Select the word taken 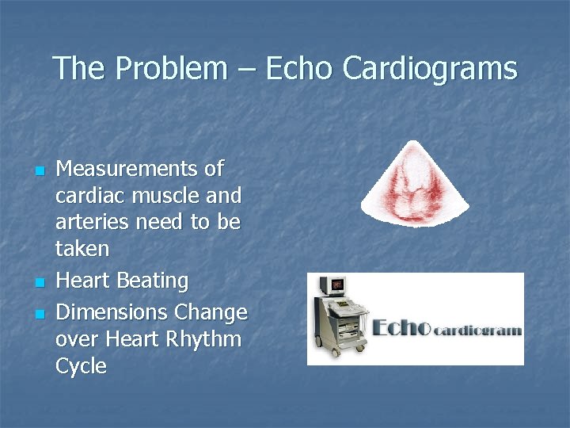pos(82,249)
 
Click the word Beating pos(152,281)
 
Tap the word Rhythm pos(203,339)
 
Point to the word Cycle pos(81,366)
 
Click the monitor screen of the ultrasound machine pos(338,283)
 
